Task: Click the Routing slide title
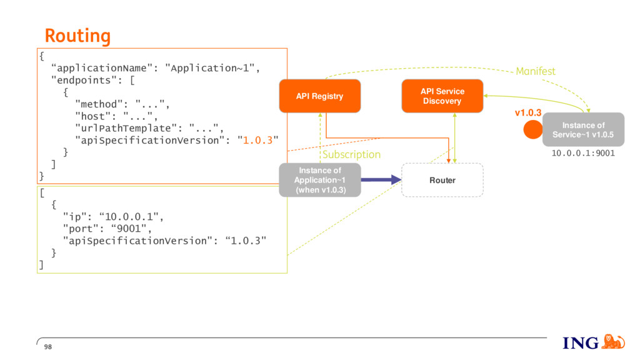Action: (77, 36)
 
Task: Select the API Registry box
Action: (320, 96)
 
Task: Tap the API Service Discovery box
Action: (442, 96)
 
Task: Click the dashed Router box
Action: (442, 180)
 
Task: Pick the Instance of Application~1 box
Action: (320, 180)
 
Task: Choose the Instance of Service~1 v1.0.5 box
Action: (583, 130)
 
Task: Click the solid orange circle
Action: (533, 130)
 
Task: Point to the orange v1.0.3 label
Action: (528, 112)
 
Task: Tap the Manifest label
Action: (536, 71)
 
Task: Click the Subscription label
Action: (351, 155)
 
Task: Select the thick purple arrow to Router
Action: (381, 179)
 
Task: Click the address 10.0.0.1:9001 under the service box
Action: (583, 153)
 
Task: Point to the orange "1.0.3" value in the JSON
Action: (257, 141)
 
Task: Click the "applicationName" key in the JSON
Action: (102, 68)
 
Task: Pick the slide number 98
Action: (48, 347)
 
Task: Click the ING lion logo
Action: (613, 342)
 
